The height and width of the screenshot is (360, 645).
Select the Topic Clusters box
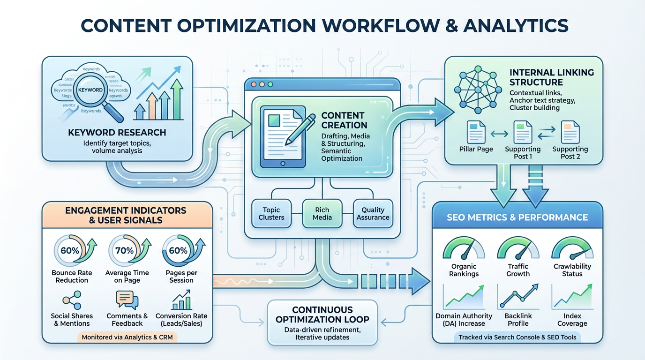(271, 214)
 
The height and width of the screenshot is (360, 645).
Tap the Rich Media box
(322, 214)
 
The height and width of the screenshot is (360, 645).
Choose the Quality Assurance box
(373, 214)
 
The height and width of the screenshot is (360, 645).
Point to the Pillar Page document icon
(476, 132)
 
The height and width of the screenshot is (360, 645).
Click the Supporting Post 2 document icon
(570, 132)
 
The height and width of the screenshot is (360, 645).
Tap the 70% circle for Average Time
(125, 251)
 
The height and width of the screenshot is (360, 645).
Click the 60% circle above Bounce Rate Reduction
(70, 251)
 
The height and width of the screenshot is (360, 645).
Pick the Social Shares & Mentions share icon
(72, 300)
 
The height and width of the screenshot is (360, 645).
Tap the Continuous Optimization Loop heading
(322, 315)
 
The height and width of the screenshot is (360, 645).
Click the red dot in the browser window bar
(254, 85)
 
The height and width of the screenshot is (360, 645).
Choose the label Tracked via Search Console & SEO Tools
(517, 337)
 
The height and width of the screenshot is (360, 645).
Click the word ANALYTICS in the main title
(516, 25)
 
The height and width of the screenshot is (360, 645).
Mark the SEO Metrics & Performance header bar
(517, 217)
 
